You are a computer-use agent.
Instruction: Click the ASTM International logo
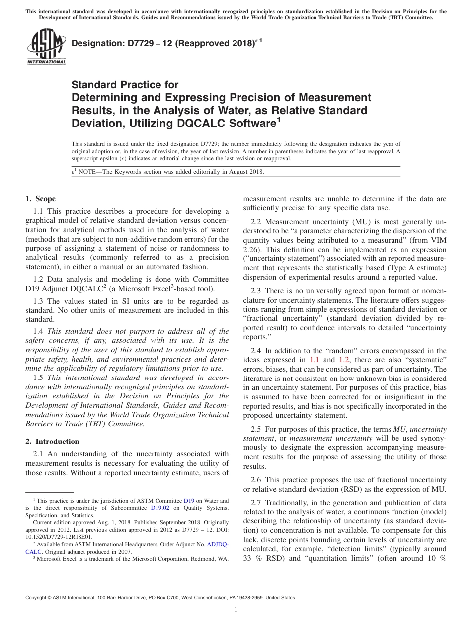[46, 47]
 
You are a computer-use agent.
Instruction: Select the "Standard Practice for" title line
[125, 85]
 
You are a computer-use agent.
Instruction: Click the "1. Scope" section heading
[41, 199]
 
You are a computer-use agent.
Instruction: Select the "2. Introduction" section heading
[52, 441]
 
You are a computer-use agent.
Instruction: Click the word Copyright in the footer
[38, 598]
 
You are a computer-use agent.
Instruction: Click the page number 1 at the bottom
[236, 610]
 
